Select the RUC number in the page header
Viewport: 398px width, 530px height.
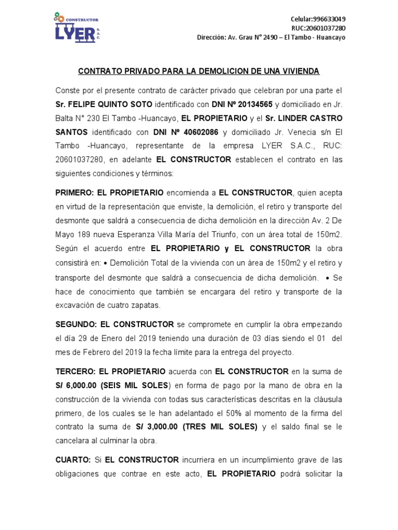point(329,28)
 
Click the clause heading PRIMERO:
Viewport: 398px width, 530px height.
point(74,193)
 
